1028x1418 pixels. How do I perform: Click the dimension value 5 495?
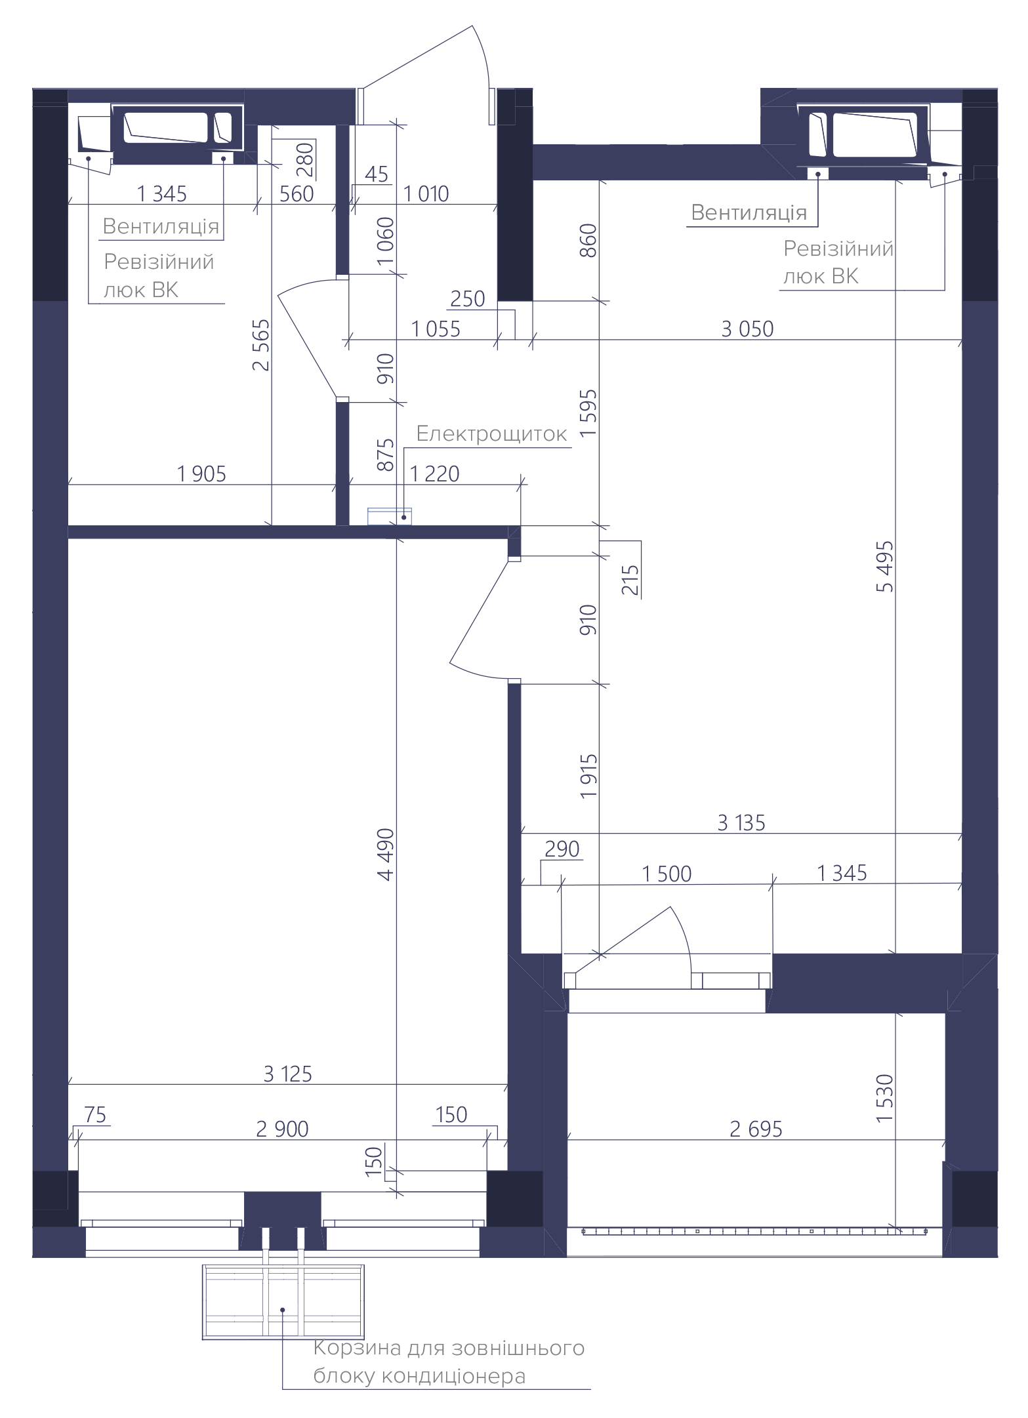(x=884, y=567)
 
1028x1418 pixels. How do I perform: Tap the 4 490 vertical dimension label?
(x=386, y=854)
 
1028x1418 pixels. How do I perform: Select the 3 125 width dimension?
(x=287, y=1074)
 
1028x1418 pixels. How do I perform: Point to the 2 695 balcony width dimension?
(x=756, y=1129)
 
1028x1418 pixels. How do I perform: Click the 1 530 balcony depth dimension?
(x=884, y=1098)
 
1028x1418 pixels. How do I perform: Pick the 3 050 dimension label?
(x=747, y=329)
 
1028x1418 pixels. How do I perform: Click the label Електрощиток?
(x=491, y=434)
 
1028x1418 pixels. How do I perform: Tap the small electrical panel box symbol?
(x=389, y=516)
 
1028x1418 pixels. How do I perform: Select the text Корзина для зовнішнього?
(x=449, y=1348)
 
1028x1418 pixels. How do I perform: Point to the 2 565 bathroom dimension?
(x=261, y=345)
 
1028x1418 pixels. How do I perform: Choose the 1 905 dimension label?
(x=201, y=474)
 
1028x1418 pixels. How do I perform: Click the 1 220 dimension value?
(x=434, y=474)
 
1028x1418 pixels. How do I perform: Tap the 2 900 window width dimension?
(x=282, y=1129)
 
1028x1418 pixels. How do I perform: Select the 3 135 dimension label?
(x=741, y=822)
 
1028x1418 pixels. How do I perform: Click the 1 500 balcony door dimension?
(x=667, y=874)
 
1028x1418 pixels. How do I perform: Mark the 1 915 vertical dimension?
(x=588, y=776)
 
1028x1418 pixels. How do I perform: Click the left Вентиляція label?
(x=161, y=226)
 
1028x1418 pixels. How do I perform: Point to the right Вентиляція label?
(x=749, y=213)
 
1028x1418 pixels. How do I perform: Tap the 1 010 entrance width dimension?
(x=426, y=193)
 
